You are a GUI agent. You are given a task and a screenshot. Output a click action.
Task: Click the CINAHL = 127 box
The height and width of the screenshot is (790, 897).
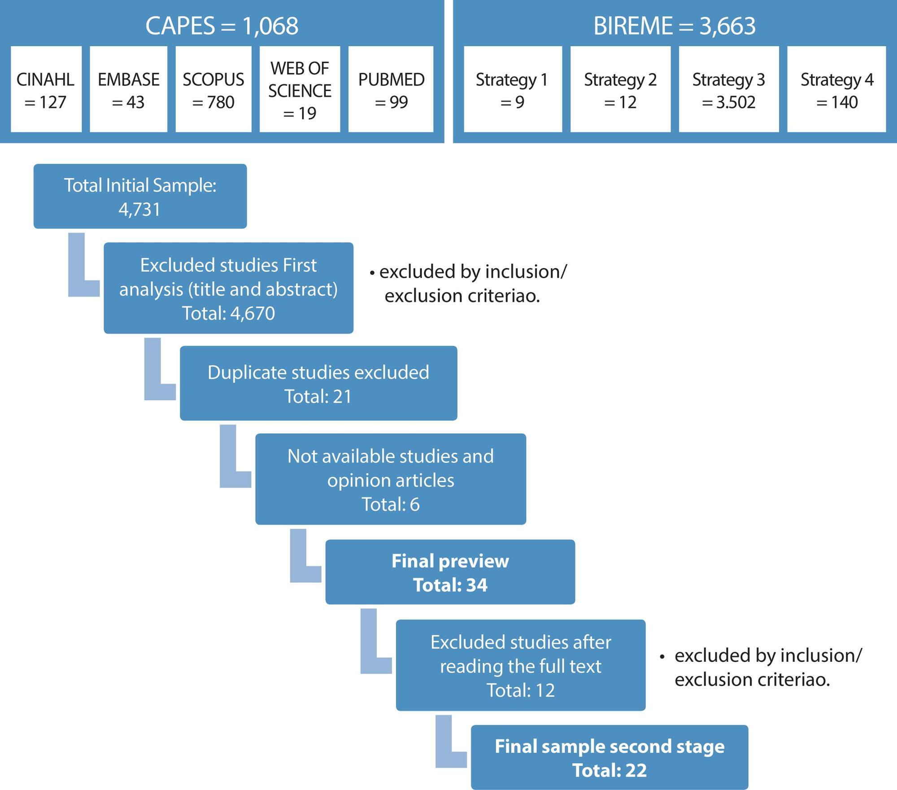pos(46,89)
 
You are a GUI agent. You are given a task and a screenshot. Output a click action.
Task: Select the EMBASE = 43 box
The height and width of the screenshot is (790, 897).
pos(128,89)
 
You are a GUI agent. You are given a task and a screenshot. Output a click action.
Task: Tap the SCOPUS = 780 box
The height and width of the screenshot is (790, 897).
pos(213,89)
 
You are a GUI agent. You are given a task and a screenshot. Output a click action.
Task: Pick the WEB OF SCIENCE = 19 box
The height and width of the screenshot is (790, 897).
pos(300,89)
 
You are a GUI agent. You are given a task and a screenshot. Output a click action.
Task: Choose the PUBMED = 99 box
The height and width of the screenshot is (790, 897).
pos(391,89)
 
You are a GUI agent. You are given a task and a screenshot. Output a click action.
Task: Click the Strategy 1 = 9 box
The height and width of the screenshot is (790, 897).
pos(513,89)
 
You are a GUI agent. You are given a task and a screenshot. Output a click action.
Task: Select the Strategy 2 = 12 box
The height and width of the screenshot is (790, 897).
pos(620,89)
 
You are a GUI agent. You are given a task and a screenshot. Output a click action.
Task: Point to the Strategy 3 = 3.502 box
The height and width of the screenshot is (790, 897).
pos(729,89)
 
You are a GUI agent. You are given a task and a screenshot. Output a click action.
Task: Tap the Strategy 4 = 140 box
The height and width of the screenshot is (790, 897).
pos(837,89)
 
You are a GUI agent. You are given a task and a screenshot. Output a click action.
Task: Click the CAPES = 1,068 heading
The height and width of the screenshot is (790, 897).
pos(222,26)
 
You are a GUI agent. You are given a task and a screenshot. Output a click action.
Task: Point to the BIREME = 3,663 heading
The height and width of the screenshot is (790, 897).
pos(675,26)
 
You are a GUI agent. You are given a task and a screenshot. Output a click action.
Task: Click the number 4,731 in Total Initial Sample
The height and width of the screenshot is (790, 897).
pos(139,210)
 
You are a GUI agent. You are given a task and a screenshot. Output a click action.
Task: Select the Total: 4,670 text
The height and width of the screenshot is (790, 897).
pos(228,313)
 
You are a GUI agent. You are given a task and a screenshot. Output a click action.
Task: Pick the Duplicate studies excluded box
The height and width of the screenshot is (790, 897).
pos(318,383)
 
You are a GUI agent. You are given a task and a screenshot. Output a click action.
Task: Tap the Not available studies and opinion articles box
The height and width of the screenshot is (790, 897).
pos(391,479)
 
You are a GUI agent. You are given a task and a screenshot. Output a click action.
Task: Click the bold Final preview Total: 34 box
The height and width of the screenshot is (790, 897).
pos(450,572)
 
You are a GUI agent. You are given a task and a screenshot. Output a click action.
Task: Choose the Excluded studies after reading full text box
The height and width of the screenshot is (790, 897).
pos(521,665)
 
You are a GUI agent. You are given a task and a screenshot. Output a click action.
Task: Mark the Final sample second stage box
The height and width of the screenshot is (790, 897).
pos(610,758)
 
